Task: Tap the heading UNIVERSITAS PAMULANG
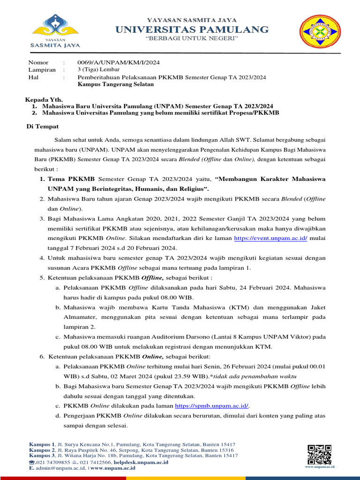tap(192, 30)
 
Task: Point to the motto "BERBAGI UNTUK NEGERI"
tap(192, 38)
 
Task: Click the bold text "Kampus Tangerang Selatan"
tap(115, 84)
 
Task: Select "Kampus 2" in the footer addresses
tap(42, 450)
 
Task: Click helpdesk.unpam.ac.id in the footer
tap(141, 462)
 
